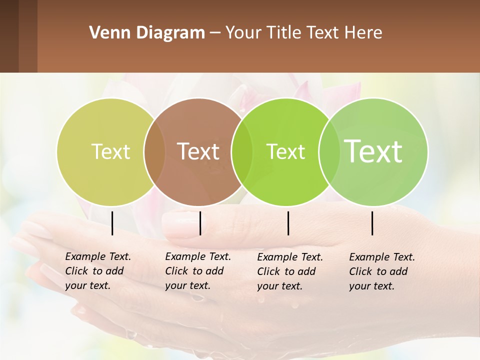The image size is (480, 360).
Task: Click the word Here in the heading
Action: click(x=364, y=32)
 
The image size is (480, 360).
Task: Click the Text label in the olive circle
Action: click(x=110, y=151)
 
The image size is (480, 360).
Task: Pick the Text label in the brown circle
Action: click(x=198, y=151)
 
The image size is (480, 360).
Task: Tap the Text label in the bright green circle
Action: click(x=285, y=152)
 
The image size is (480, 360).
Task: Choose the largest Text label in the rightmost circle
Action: click(x=373, y=151)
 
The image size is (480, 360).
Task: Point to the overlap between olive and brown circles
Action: click(x=154, y=152)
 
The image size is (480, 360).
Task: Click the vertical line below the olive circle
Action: click(x=112, y=223)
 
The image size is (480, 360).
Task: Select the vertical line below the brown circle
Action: click(x=200, y=223)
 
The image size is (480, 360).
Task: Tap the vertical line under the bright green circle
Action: click(x=288, y=223)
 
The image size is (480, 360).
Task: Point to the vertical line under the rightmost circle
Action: click(x=372, y=223)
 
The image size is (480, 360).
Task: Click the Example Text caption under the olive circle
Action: click(x=98, y=271)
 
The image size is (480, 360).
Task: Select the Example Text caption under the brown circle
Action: click(x=198, y=271)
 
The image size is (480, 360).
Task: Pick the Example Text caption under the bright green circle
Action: click(x=290, y=271)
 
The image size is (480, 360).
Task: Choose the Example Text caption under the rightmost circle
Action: click(x=382, y=271)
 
